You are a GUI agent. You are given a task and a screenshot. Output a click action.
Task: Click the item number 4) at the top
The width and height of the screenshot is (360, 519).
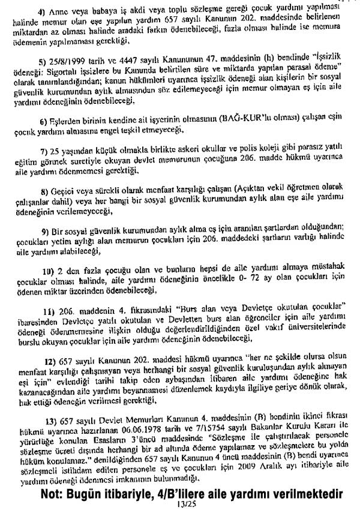[x=43, y=12]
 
